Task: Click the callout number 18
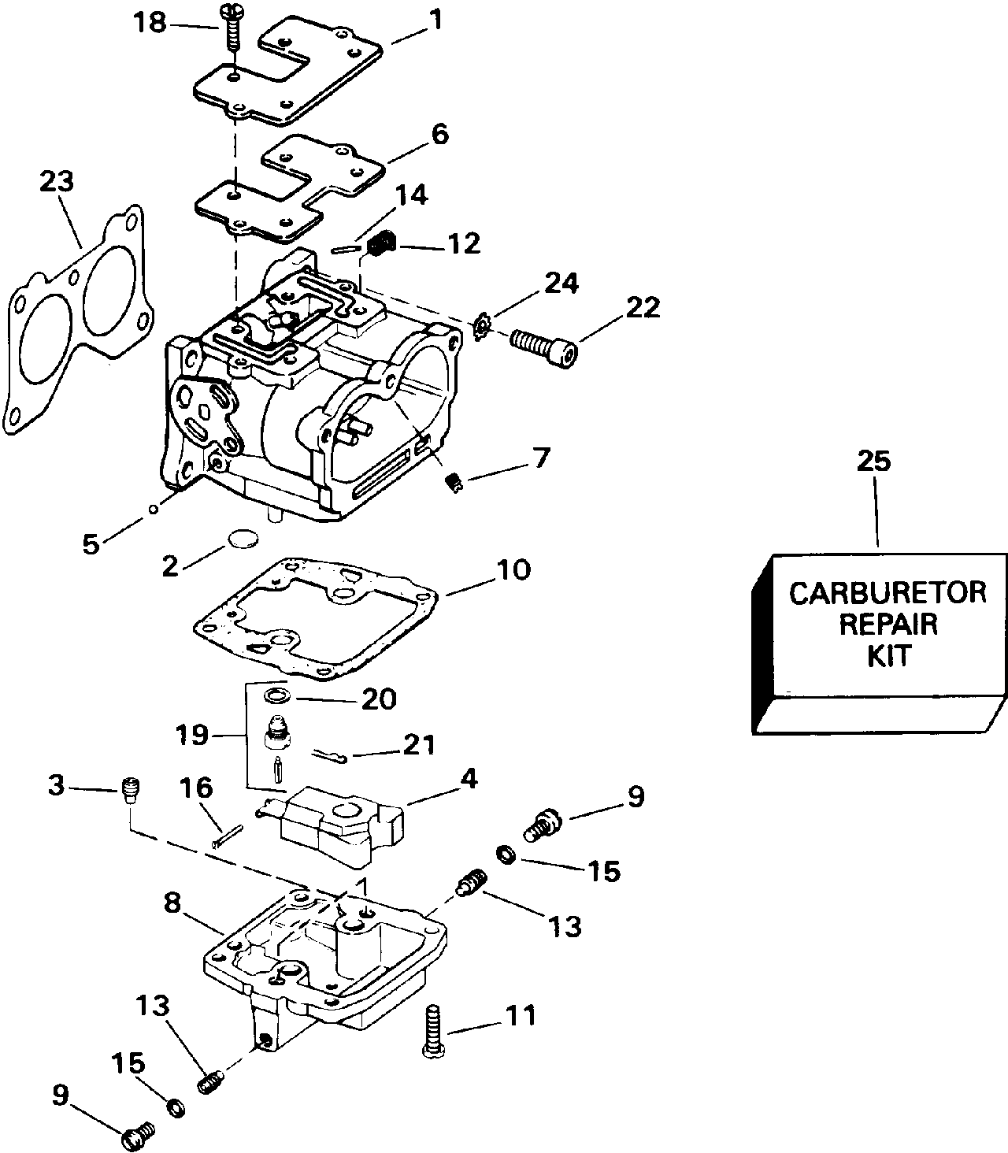[150, 24]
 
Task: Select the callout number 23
[57, 182]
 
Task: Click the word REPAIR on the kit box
[888, 625]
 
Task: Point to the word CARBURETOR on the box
[888, 593]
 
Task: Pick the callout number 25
[874, 461]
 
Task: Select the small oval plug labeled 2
[243, 539]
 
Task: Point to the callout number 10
[513, 569]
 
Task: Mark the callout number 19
[192, 735]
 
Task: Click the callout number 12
[464, 243]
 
